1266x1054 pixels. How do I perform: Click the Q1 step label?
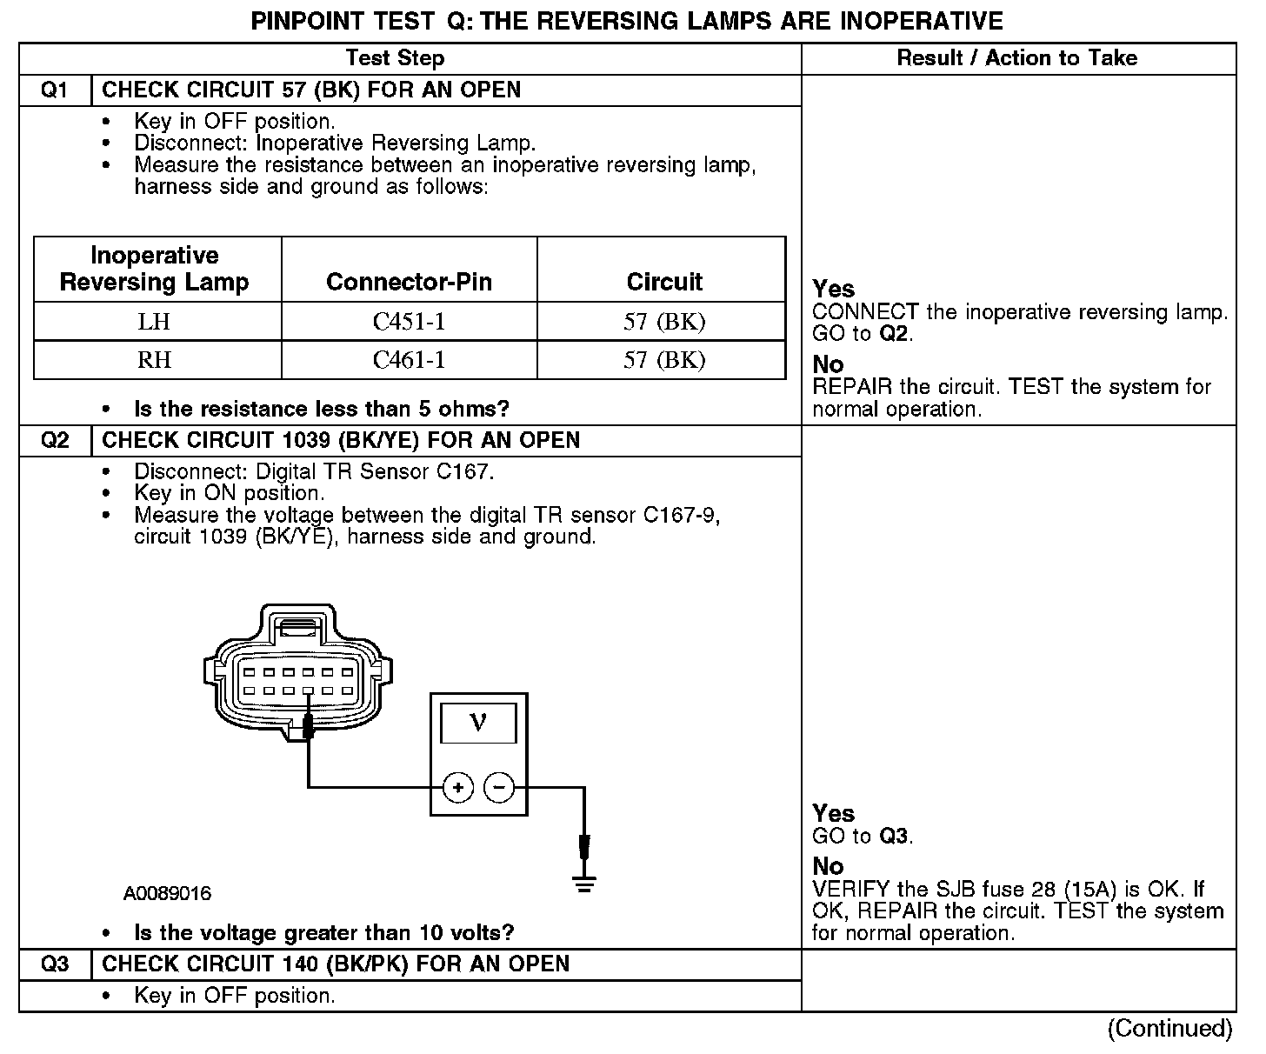pos(54,90)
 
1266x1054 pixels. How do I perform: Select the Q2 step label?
pos(54,440)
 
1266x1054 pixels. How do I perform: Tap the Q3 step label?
pos(54,964)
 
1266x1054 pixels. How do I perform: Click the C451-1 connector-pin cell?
pos(409,322)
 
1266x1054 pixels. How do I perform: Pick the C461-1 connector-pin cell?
pos(409,360)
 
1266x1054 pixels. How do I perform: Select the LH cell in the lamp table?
pos(154,322)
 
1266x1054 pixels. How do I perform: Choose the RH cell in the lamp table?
pos(154,360)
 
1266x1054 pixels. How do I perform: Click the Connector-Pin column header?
pos(409,282)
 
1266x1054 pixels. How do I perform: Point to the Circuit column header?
pos(664,282)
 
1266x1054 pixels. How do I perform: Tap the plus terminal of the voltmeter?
pos(458,788)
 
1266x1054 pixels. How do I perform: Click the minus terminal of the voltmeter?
pos(499,788)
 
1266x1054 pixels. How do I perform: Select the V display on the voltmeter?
pos(478,723)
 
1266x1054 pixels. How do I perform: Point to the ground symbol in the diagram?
pos(584,884)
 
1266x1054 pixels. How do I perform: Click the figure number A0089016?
pos(167,894)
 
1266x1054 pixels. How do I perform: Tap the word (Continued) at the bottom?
pos(1169,1029)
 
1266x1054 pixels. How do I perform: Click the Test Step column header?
pos(395,58)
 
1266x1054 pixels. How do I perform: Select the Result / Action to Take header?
pos(1016,58)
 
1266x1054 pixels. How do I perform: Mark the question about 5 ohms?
pos(321,409)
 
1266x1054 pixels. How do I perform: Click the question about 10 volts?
pos(323,933)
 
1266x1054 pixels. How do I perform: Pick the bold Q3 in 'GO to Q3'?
pos(894,837)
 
